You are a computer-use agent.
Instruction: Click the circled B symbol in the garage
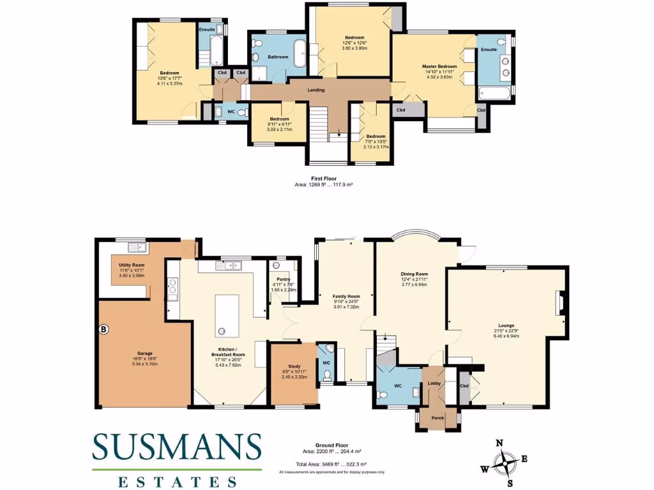(x=103, y=330)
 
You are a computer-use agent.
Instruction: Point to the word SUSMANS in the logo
(x=177, y=447)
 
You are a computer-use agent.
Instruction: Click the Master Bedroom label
(x=439, y=66)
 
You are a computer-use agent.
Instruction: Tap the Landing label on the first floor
(x=316, y=90)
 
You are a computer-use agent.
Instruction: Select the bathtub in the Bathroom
(x=299, y=52)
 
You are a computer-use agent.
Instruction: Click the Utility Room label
(x=130, y=265)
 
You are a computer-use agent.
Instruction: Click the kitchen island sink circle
(x=223, y=330)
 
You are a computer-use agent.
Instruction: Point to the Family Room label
(x=346, y=297)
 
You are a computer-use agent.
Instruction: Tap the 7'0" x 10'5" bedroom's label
(x=376, y=136)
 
